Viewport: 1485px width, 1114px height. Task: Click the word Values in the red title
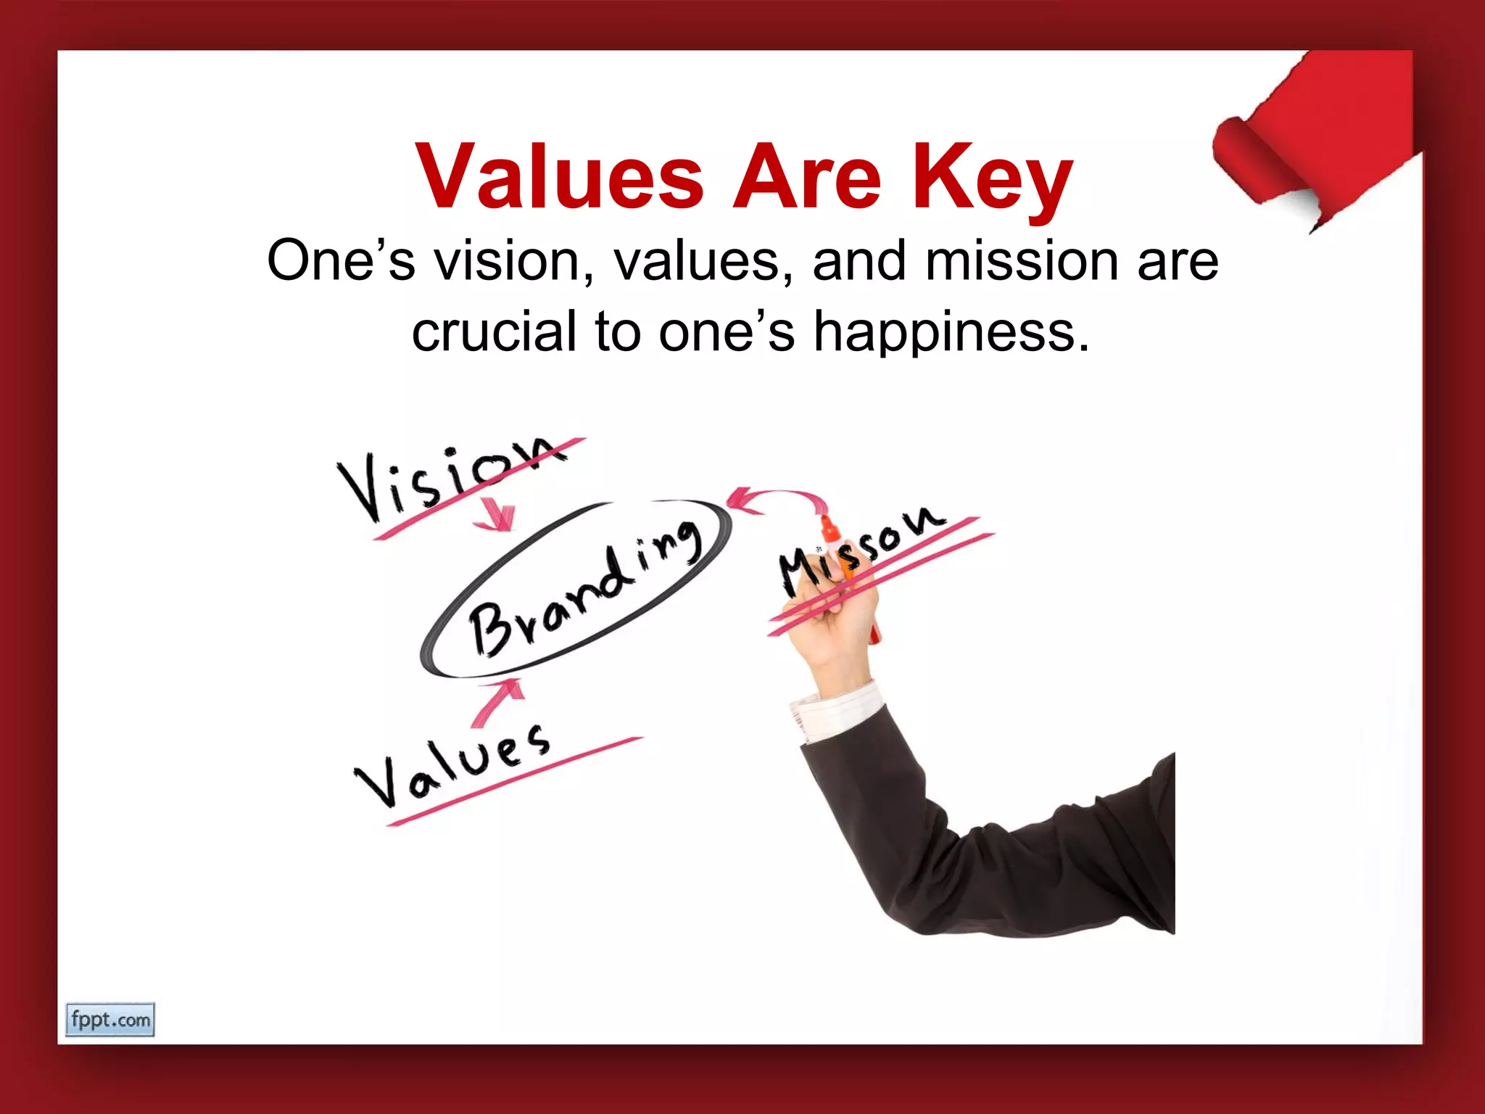click(559, 177)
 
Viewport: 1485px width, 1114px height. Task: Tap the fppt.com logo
click(109, 1020)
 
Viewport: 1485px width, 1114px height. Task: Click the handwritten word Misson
click(863, 551)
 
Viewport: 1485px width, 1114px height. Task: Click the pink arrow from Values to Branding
click(499, 700)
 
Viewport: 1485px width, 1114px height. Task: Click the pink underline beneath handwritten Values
click(515, 781)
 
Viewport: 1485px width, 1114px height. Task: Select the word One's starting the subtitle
click(341, 260)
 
